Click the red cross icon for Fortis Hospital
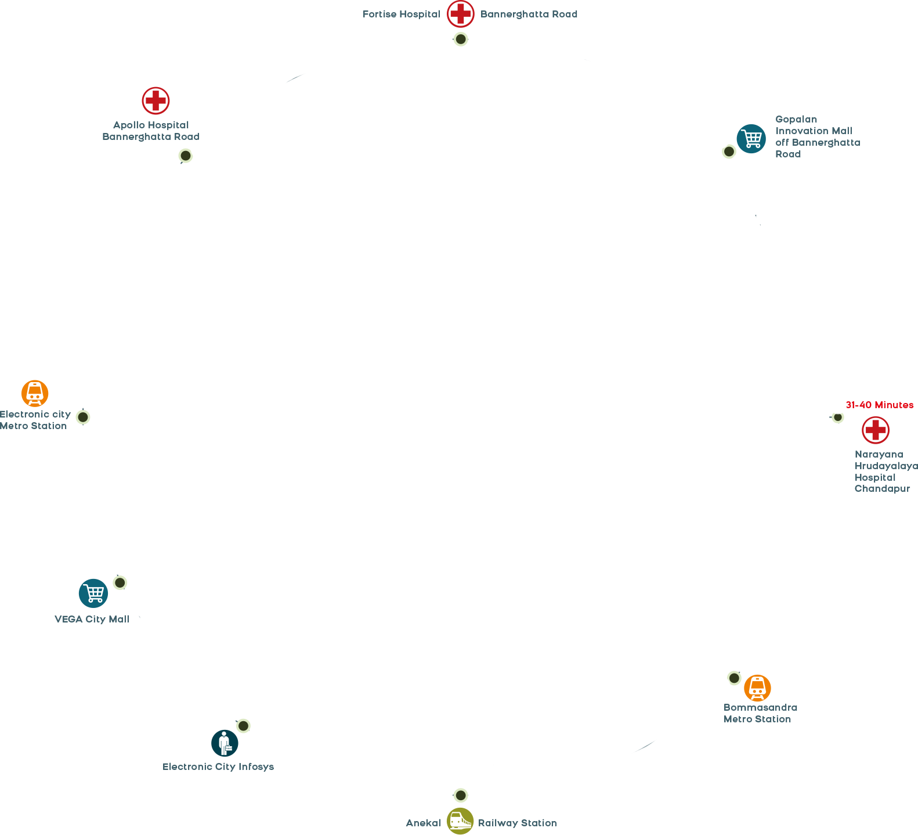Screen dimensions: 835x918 tap(460, 13)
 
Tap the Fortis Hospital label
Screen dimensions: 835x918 tap(401, 14)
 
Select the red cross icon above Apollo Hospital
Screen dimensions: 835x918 tap(156, 101)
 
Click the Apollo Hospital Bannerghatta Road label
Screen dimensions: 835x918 tap(151, 131)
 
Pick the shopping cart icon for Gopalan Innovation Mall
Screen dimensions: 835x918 tap(751, 139)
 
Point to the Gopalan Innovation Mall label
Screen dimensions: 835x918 tap(817, 136)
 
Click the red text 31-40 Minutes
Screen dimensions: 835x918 tap(879, 405)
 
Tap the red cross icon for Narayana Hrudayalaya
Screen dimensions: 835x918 tap(875, 430)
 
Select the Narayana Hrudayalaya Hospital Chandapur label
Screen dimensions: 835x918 tap(885, 472)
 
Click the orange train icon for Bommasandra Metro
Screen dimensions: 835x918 tap(757, 688)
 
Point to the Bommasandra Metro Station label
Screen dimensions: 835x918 tap(760, 713)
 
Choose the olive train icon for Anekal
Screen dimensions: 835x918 tap(460, 821)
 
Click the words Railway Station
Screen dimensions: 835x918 tap(517, 823)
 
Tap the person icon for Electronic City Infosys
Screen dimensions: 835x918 tap(225, 743)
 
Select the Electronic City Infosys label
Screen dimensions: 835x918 tap(218, 766)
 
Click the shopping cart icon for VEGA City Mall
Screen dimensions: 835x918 tap(93, 593)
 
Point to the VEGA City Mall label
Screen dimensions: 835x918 tap(92, 619)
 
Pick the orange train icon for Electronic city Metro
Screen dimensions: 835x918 tap(35, 394)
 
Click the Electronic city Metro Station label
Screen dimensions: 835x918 tap(35, 420)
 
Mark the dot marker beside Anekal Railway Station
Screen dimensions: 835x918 tap(460, 795)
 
